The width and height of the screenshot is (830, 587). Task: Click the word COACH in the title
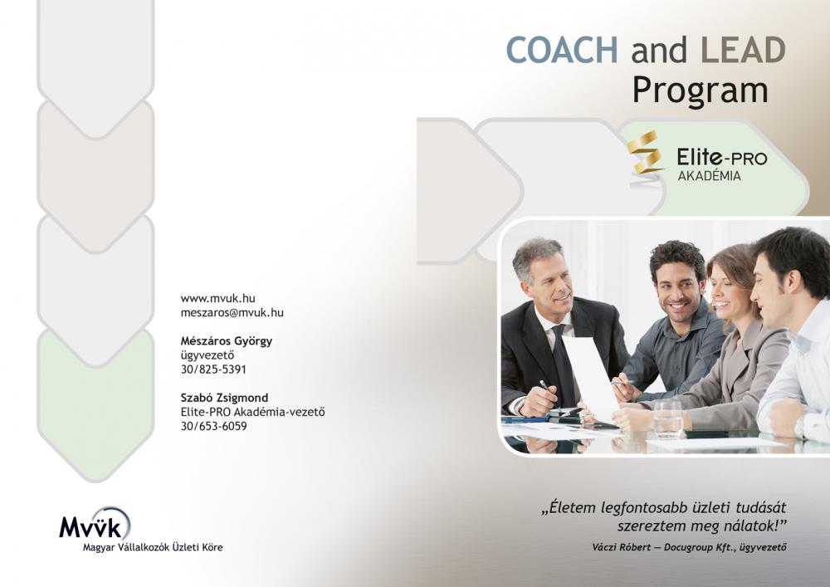(x=562, y=50)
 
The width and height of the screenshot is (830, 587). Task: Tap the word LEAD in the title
(x=743, y=50)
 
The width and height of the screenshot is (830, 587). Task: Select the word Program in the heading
(x=701, y=91)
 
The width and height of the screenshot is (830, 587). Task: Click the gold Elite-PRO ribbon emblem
(x=645, y=154)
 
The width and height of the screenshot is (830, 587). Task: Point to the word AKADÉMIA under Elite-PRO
(x=710, y=176)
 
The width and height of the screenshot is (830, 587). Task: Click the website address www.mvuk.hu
(x=217, y=299)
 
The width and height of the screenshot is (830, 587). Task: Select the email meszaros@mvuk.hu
(x=232, y=313)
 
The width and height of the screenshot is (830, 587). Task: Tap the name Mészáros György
(x=227, y=341)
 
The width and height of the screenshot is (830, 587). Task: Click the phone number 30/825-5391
(x=213, y=369)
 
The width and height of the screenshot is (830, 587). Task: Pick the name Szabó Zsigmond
(x=224, y=398)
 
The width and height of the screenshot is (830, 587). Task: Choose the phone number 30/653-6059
(x=213, y=426)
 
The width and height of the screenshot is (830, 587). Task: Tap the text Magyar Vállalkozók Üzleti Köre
(x=153, y=547)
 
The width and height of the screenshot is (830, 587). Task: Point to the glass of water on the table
(x=668, y=419)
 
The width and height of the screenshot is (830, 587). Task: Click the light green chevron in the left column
(x=95, y=405)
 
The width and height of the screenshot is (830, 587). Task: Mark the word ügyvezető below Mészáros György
(x=207, y=355)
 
